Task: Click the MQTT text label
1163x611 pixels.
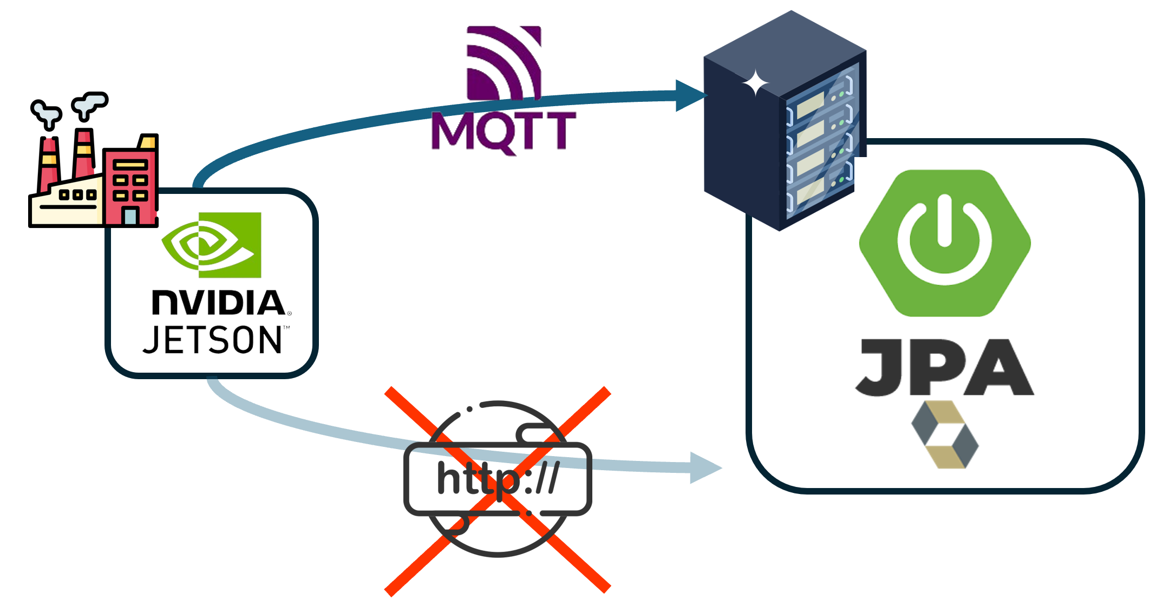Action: (x=504, y=132)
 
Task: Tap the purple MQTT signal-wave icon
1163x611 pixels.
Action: (x=504, y=62)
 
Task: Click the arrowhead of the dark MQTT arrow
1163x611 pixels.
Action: (x=690, y=96)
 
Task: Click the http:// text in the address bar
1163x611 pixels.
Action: (x=498, y=478)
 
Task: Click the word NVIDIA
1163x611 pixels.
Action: (x=219, y=303)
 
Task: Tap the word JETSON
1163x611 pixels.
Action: (x=213, y=340)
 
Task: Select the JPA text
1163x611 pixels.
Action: (x=945, y=368)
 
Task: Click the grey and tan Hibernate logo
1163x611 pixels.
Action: (x=945, y=434)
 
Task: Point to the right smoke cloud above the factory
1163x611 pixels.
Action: (x=90, y=105)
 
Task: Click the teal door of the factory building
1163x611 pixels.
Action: (x=130, y=217)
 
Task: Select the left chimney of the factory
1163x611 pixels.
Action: (x=49, y=162)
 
